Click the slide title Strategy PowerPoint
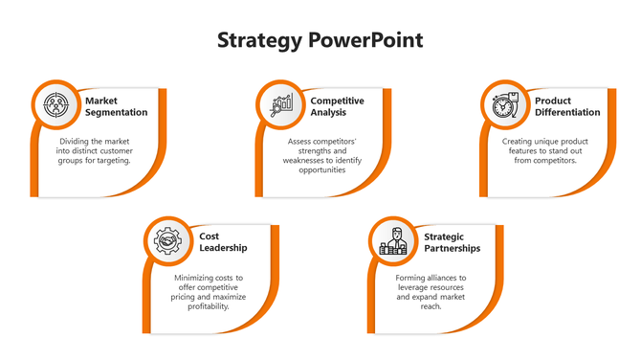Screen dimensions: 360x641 coord(320,41)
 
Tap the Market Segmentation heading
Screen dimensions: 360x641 coord(116,106)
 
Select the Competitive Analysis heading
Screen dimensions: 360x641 coord(337,106)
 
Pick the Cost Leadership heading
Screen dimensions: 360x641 coord(223,241)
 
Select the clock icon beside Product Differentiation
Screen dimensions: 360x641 coord(503,104)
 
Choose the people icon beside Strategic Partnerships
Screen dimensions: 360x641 coord(393,240)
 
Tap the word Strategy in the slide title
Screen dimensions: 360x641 coord(259,41)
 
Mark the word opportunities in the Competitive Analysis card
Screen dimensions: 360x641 coord(328,170)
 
